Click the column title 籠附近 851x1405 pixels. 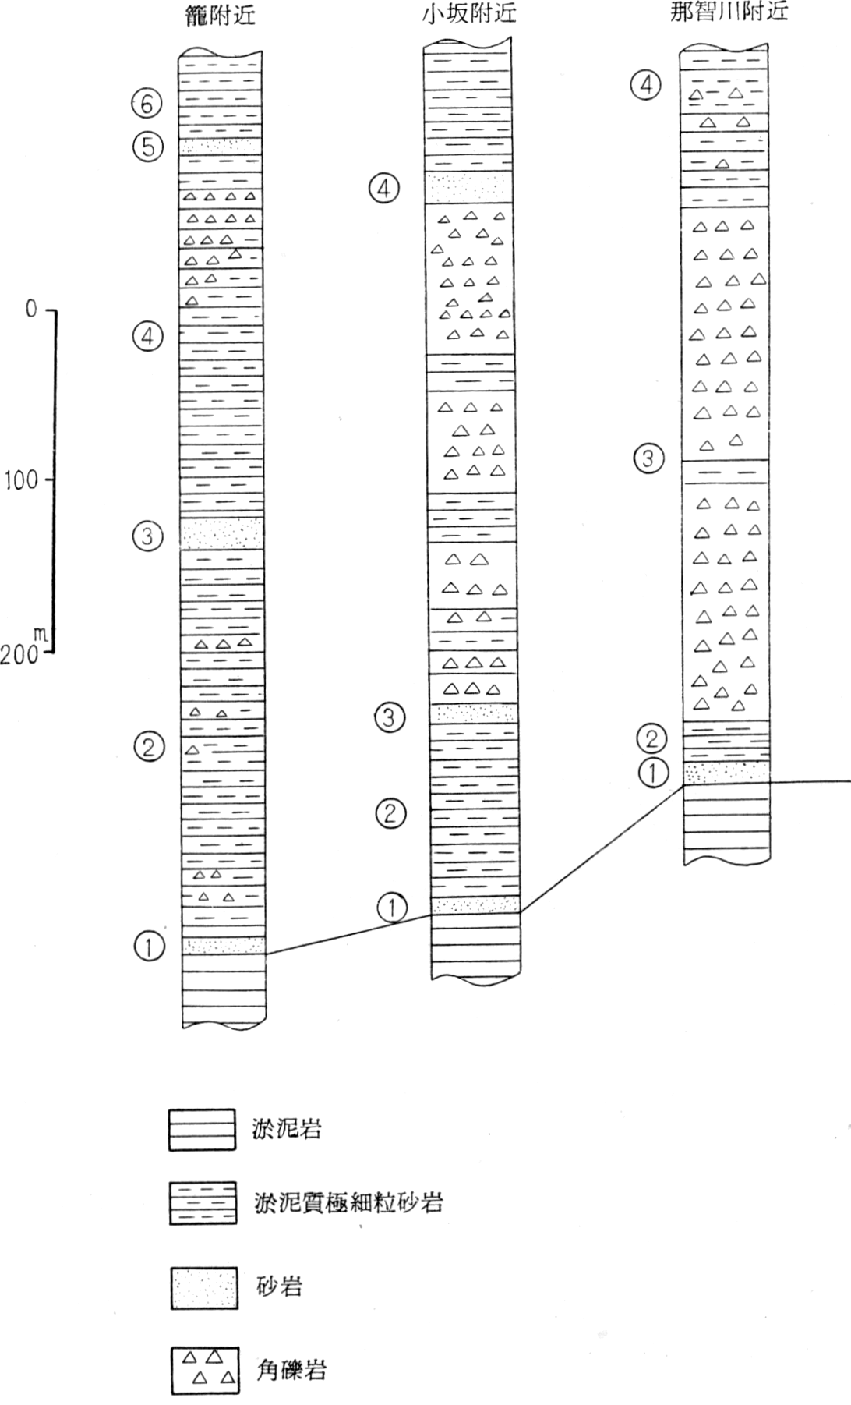coord(219,15)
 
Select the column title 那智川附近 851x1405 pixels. coord(729,11)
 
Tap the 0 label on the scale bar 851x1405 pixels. coord(31,309)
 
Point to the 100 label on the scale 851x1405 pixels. coord(21,480)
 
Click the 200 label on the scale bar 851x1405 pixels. coord(19,653)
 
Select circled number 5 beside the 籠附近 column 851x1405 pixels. coord(147,147)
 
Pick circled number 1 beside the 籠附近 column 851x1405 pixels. coord(149,947)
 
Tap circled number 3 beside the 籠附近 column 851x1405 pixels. coord(147,536)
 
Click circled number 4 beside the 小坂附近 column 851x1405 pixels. coord(385,188)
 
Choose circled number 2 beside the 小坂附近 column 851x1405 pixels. coord(390,814)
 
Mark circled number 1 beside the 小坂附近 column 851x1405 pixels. coord(392,907)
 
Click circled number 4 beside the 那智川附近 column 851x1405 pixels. coord(646,84)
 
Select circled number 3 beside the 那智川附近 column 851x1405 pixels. coord(648,458)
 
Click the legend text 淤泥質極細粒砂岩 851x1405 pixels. coord(349,1203)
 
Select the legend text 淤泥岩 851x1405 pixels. coord(287,1129)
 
